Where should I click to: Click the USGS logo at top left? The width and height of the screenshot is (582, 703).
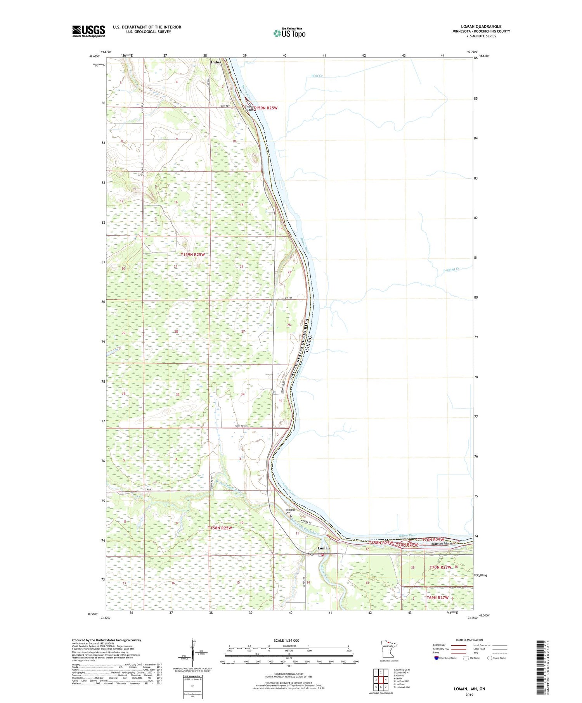[x=88, y=31]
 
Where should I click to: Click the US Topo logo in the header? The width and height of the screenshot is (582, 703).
[x=289, y=33]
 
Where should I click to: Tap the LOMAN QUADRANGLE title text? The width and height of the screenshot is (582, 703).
[x=481, y=26]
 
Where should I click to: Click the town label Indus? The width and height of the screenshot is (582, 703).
[x=216, y=62]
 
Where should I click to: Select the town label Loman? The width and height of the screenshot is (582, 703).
[x=324, y=548]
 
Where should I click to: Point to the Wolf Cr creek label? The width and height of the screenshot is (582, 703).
[x=317, y=76]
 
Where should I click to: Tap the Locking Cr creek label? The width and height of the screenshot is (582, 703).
[x=451, y=269]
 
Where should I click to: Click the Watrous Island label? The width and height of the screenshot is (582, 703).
[x=442, y=544]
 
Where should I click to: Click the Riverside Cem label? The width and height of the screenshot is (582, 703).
[x=291, y=511]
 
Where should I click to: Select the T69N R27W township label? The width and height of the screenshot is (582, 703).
[x=438, y=598]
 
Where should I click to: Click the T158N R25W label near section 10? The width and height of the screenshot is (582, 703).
[x=220, y=528]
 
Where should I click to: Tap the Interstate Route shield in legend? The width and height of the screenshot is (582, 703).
[x=436, y=658]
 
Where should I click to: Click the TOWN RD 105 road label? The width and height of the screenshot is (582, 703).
[x=241, y=426]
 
